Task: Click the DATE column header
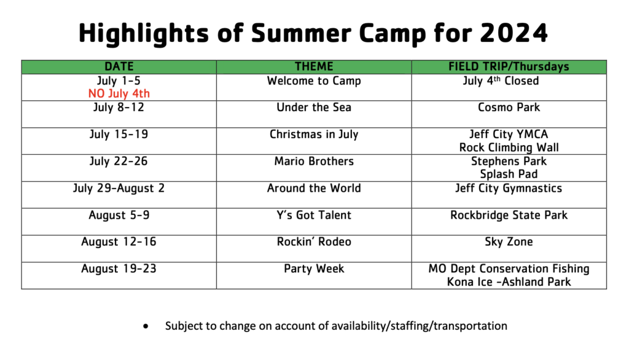(x=119, y=66)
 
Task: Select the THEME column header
(x=314, y=66)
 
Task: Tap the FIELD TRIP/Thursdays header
(x=509, y=66)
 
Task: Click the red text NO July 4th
(x=119, y=93)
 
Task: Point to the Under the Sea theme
(x=314, y=107)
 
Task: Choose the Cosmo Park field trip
(x=509, y=107)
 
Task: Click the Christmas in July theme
(x=314, y=134)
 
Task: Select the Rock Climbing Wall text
(x=509, y=147)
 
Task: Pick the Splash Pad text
(x=509, y=174)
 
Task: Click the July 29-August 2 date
(x=119, y=188)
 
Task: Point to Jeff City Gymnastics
(x=509, y=188)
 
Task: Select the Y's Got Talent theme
(x=314, y=215)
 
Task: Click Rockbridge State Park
(x=509, y=215)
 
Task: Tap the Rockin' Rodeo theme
(x=314, y=241)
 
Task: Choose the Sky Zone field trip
(x=509, y=241)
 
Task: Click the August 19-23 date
(x=119, y=268)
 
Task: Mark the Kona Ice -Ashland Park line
(x=509, y=282)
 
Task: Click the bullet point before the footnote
(x=146, y=326)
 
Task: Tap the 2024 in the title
(x=514, y=33)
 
